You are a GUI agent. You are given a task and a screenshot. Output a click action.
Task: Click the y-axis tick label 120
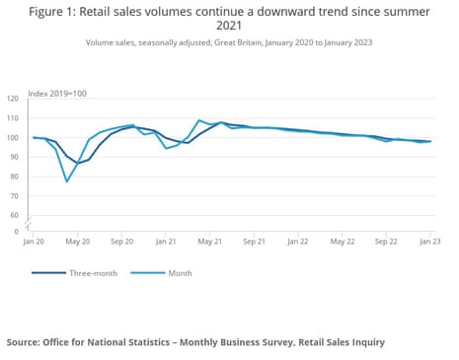(x=13, y=100)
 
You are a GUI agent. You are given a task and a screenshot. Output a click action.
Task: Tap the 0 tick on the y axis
(x=17, y=231)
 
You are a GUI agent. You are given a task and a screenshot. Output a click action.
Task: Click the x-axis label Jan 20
(x=34, y=242)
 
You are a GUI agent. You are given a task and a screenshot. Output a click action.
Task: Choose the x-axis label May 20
(x=78, y=242)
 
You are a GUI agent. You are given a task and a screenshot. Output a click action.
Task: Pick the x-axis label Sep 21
(x=255, y=242)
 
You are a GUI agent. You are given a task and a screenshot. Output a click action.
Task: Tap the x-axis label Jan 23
(x=430, y=242)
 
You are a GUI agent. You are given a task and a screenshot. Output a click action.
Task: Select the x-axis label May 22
(x=343, y=242)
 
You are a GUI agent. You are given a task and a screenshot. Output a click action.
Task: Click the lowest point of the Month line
(x=67, y=181)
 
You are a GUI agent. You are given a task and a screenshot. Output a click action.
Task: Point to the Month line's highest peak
(x=199, y=120)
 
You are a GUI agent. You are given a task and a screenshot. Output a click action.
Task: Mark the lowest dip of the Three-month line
(x=78, y=163)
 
